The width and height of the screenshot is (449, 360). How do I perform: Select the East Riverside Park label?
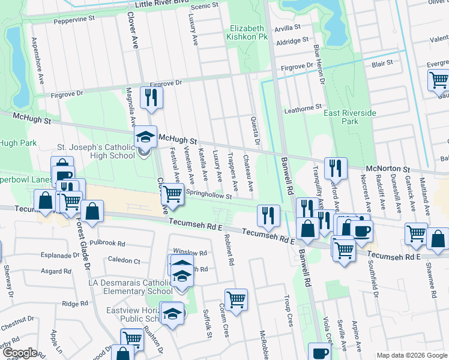click(x=350, y=117)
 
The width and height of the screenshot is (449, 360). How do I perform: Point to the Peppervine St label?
click(x=74, y=19)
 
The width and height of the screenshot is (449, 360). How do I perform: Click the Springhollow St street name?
click(x=209, y=194)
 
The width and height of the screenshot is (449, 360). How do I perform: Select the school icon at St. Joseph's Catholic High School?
click(x=144, y=138)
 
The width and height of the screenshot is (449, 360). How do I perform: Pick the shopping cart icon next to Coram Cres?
click(x=237, y=299)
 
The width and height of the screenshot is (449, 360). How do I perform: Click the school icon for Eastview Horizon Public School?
click(x=172, y=314)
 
